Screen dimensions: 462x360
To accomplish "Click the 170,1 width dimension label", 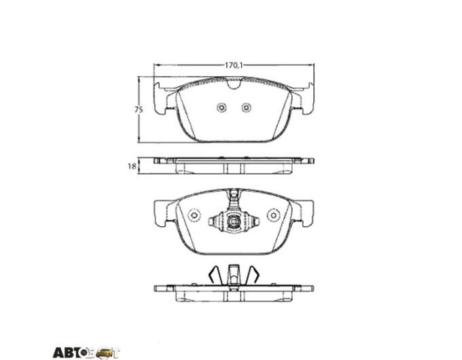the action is [234, 65].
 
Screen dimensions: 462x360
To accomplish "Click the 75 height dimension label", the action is [139, 110].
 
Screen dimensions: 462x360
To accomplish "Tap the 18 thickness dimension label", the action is [132, 166].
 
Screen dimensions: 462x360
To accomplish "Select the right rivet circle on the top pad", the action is [247, 107].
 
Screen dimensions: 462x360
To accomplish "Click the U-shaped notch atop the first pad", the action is [234, 84].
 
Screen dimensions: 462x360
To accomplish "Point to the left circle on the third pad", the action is [194, 215].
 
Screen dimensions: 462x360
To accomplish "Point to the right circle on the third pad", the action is [273, 215].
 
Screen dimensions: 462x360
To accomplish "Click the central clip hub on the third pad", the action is [234, 221].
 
